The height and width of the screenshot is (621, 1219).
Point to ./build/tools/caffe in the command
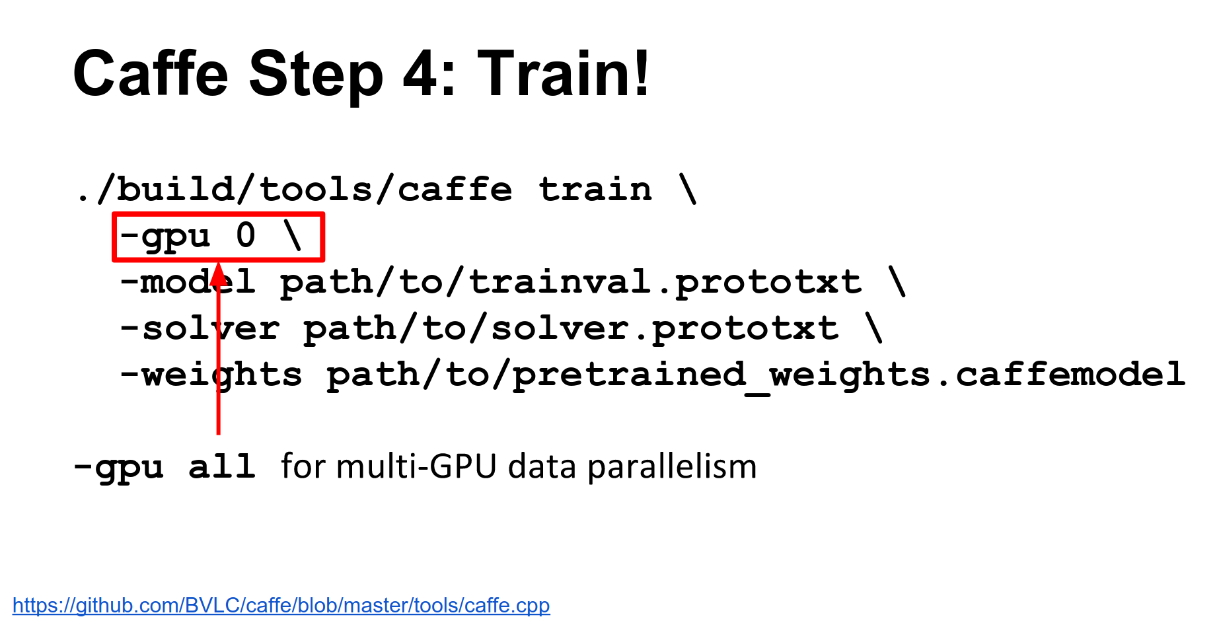pos(294,190)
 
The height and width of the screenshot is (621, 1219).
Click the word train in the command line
pos(595,190)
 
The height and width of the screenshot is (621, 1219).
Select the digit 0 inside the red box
pos(246,235)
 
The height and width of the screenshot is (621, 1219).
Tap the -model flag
pos(188,282)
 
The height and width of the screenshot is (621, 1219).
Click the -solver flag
pos(200,328)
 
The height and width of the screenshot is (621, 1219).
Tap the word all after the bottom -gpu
pos(222,466)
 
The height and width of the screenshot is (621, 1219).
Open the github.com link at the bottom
pos(281,605)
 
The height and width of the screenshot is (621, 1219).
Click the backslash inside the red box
pos(292,235)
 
